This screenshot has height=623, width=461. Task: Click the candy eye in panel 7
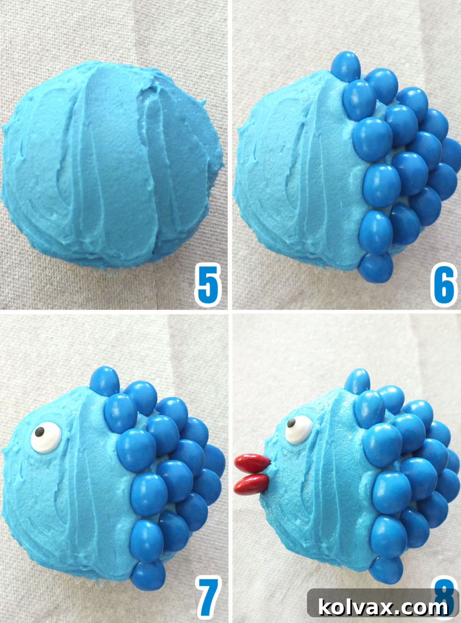click(x=46, y=437)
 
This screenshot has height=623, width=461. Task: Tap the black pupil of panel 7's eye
click(x=39, y=433)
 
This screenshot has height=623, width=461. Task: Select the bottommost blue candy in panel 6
click(x=377, y=268)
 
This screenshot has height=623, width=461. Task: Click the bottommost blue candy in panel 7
click(x=148, y=576)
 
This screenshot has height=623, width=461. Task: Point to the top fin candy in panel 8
click(x=357, y=382)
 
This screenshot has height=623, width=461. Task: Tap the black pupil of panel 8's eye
click(x=292, y=423)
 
